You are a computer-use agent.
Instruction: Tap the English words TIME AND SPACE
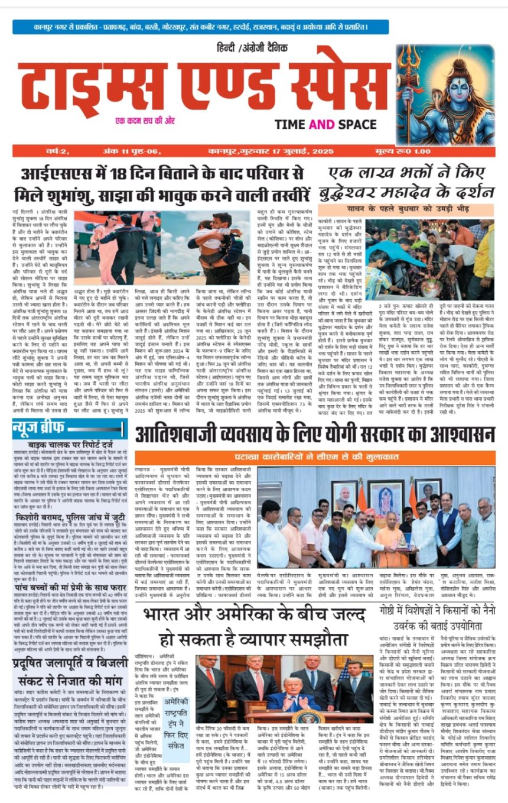click(325, 124)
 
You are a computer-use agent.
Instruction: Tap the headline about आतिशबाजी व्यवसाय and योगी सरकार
click(313, 435)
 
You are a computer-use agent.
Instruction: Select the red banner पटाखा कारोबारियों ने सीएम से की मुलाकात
click(313, 458)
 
